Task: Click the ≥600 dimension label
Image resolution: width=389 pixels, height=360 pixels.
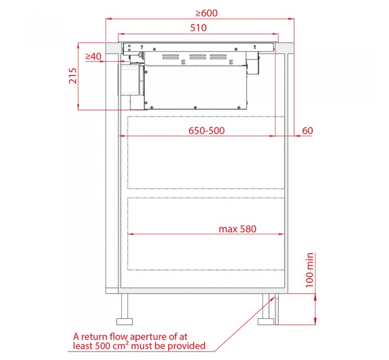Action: tap(207, 13)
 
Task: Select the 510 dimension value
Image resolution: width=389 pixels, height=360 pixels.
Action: tap(199, 28)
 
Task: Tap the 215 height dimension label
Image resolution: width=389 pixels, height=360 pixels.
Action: tap(73, 75)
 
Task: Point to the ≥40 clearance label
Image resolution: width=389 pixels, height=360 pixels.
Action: tap(93, 57)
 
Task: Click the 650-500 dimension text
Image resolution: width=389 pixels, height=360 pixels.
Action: tap(207, 130)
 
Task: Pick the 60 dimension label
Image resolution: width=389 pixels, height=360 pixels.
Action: tap(307, 130)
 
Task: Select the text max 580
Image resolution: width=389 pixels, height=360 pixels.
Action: tap(237, 229)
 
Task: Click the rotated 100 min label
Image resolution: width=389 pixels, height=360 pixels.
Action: tap(309, 270)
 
